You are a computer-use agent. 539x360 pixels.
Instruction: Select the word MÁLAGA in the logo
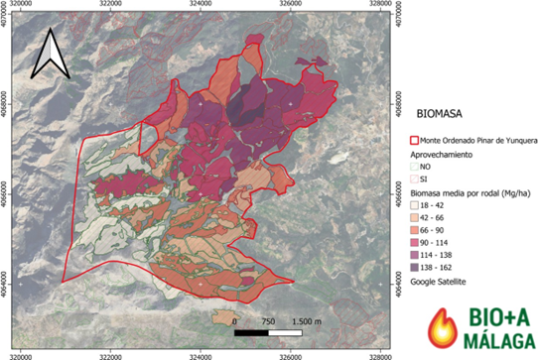[485, 341]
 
